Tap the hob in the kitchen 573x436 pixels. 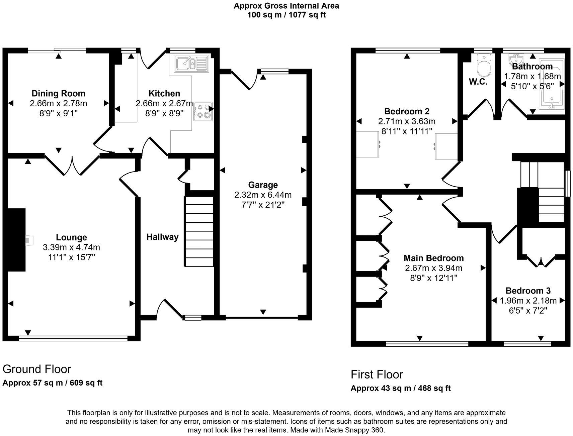(x=203, y=111)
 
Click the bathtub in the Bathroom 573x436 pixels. (x=551, y=84)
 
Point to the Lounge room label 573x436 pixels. (x=71, y=237)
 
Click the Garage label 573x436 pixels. (x=263, y=185)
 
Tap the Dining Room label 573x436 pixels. (x=59, y=94)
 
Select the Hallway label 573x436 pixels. (x=162, y=237)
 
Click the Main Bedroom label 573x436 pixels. (x=434, y=258)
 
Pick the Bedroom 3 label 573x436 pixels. (x=528, y=291)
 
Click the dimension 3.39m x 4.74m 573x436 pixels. (x=71, y=247)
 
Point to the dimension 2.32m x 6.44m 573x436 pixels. (x=263, y=195)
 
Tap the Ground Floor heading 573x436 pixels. (x=37, y=369)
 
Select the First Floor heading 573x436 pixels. (x=377, y=374)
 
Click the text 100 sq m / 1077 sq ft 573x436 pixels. (x=286, y=15)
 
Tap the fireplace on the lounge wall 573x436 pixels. (x=16, y=240)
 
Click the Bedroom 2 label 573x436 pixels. (x=407, y=111)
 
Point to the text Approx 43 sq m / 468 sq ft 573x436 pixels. (x=401, y=388)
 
